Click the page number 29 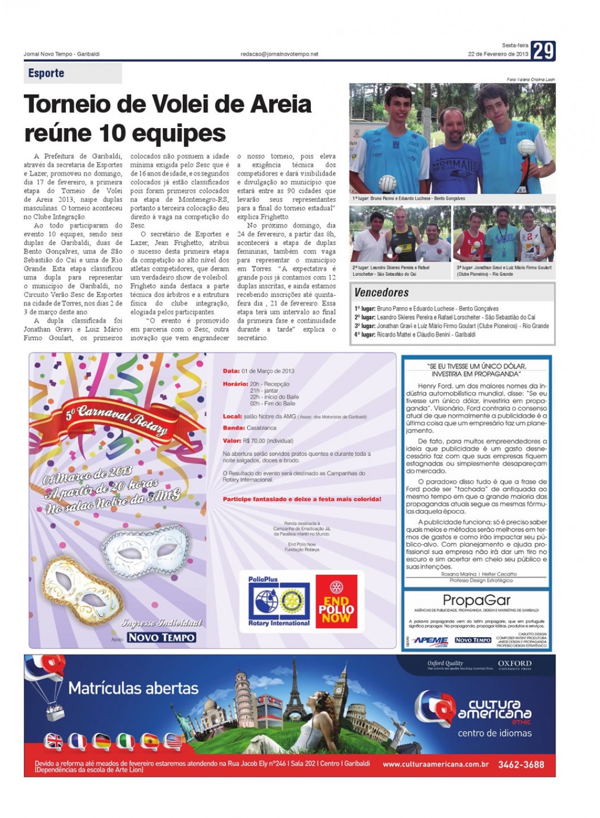543,51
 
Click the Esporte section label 47,73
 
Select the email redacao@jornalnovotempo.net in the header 280,54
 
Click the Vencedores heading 381,293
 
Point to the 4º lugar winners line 415,334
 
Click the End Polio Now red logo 336,602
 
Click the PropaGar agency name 476,600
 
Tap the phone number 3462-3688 521,764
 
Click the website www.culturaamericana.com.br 436,764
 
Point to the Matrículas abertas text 133,688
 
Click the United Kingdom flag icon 54,741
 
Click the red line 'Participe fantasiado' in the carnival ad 302,499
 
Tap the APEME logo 430,640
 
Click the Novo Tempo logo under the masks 162,638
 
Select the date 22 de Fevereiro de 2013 498,54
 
